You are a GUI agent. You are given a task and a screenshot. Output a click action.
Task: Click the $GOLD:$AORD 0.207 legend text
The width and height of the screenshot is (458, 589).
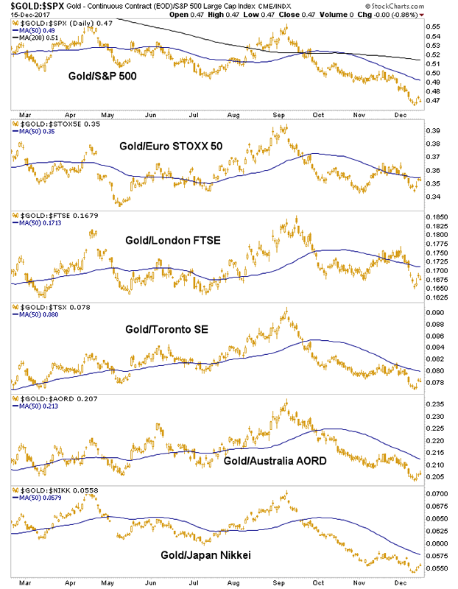42,398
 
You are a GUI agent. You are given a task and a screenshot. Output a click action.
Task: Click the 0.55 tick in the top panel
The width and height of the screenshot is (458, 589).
433,27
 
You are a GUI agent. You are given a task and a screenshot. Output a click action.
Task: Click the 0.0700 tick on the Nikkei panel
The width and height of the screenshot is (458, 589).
437,493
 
